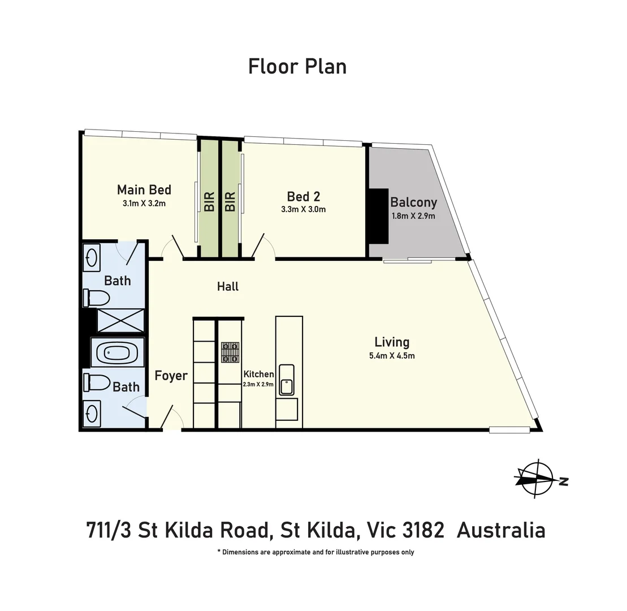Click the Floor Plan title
pyautogui.click(x=297, y=66)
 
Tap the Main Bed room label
pyautogui.click(x=144, y=190)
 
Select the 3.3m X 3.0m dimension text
pyautogui.click(x=304, y=209)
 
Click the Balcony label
pyautogui.click(x=413, y=203)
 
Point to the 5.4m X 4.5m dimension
pyautogui.click(x=392, y=356)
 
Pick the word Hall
pyautogui.click(x=228, y=287)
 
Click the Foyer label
pyautogui.click(x=171, y=376)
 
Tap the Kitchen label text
pyautogui.click(x=258, y=374)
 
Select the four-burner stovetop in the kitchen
pyautogui.click(x=230, y=352)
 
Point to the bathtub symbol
pyautogui.click(x=118, y=353)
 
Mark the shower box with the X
pyautogui.click(x=120, y=320)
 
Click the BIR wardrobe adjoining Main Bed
pyautogui.click(x=209, y=201)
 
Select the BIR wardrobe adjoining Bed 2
pyautogui.click(x=230, y=201)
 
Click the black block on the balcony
pyautogui.click(x=378, y=216)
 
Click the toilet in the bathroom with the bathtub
pyautogui.click(x=97, y=383)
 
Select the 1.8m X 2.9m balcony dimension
pyautogui.click(x=413, y=216)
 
